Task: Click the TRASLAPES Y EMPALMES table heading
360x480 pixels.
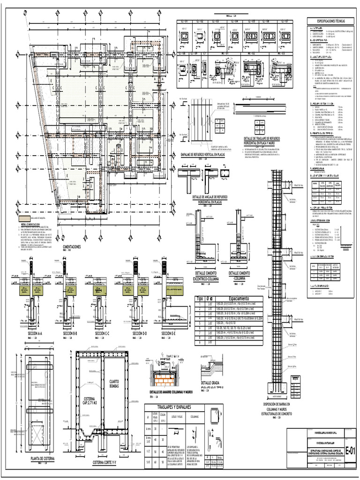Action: point(168,408)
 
